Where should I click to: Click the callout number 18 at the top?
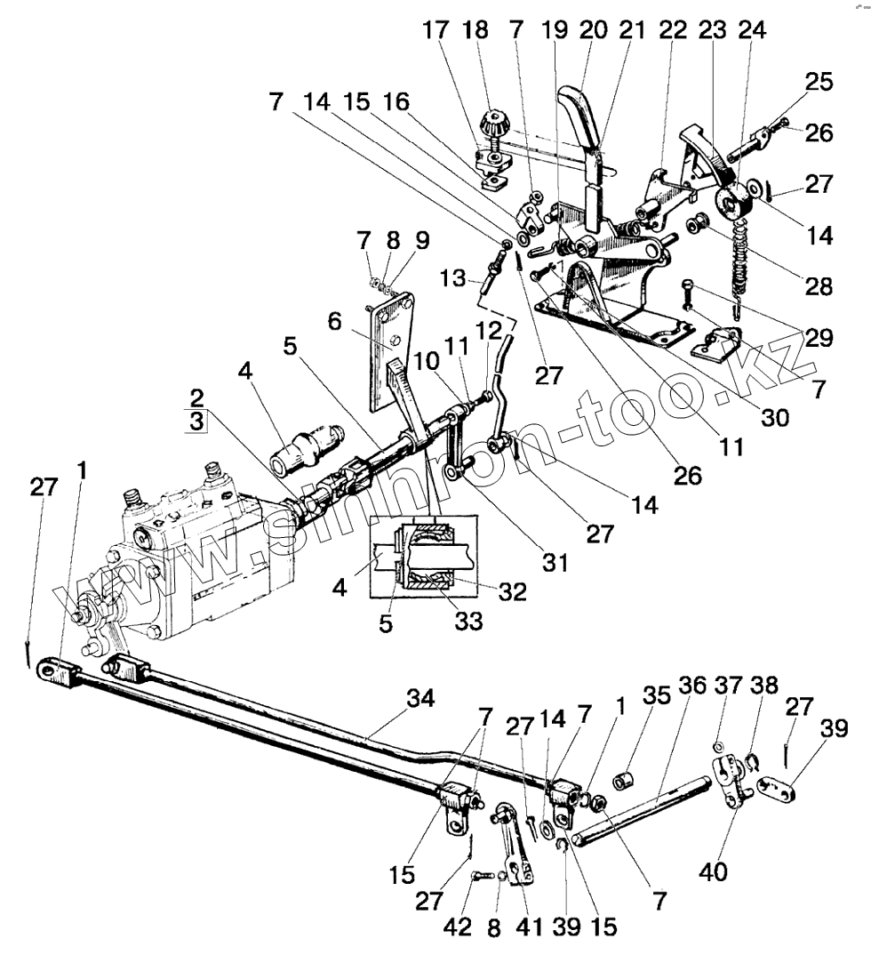pyautogui.click(x=477, y=29)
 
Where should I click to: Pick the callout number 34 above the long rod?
pyautogui.click(x=420, y=700)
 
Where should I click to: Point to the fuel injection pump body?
pyautogui.click(x=187, y=569)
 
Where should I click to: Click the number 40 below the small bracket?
pyautogui.click(x=713, y=873)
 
